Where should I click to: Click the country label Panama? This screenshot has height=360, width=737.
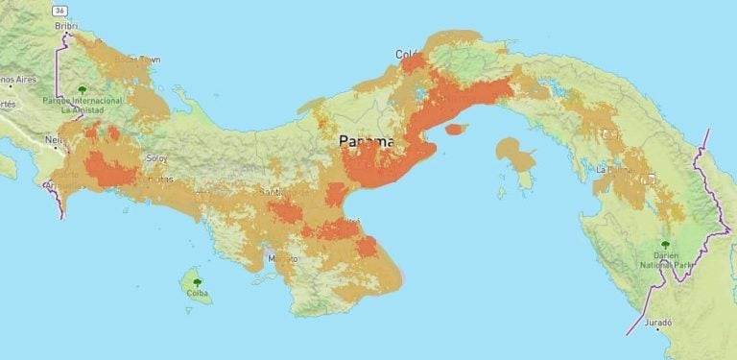367,141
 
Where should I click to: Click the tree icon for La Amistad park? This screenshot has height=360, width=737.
82,89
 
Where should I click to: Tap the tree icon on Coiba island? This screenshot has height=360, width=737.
196,282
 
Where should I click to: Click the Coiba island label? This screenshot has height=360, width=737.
196,293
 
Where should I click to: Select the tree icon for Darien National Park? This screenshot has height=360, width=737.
664,245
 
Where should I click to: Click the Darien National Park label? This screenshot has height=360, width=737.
664,260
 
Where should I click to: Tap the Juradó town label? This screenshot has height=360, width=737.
660,324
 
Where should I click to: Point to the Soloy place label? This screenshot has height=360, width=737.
155,157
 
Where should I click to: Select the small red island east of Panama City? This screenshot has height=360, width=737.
457,129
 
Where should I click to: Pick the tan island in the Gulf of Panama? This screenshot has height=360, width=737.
517,154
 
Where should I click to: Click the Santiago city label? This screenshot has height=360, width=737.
278,191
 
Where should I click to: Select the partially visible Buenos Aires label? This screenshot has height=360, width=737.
17,80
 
